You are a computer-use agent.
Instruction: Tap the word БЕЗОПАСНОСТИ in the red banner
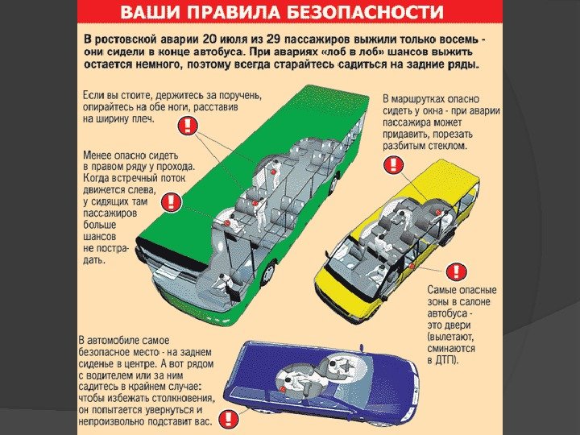[375, 12]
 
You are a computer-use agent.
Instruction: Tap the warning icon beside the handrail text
[187, 125]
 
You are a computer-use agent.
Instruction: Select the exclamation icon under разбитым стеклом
[393, 164]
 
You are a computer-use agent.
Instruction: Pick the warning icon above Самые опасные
[457, 271]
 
